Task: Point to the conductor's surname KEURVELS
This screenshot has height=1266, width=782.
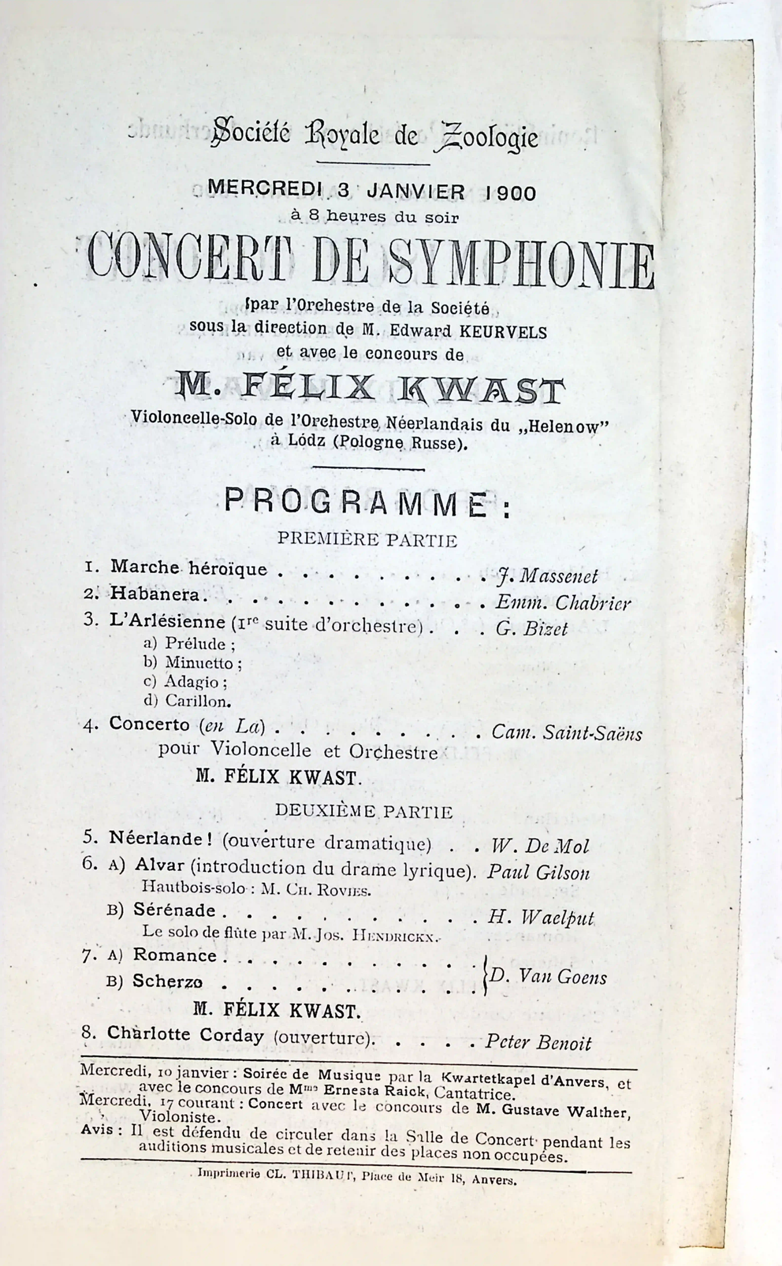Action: pos(503,331)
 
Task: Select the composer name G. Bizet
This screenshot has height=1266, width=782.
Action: pos(532,629)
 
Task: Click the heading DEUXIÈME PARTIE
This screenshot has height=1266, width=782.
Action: pos(364,811)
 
